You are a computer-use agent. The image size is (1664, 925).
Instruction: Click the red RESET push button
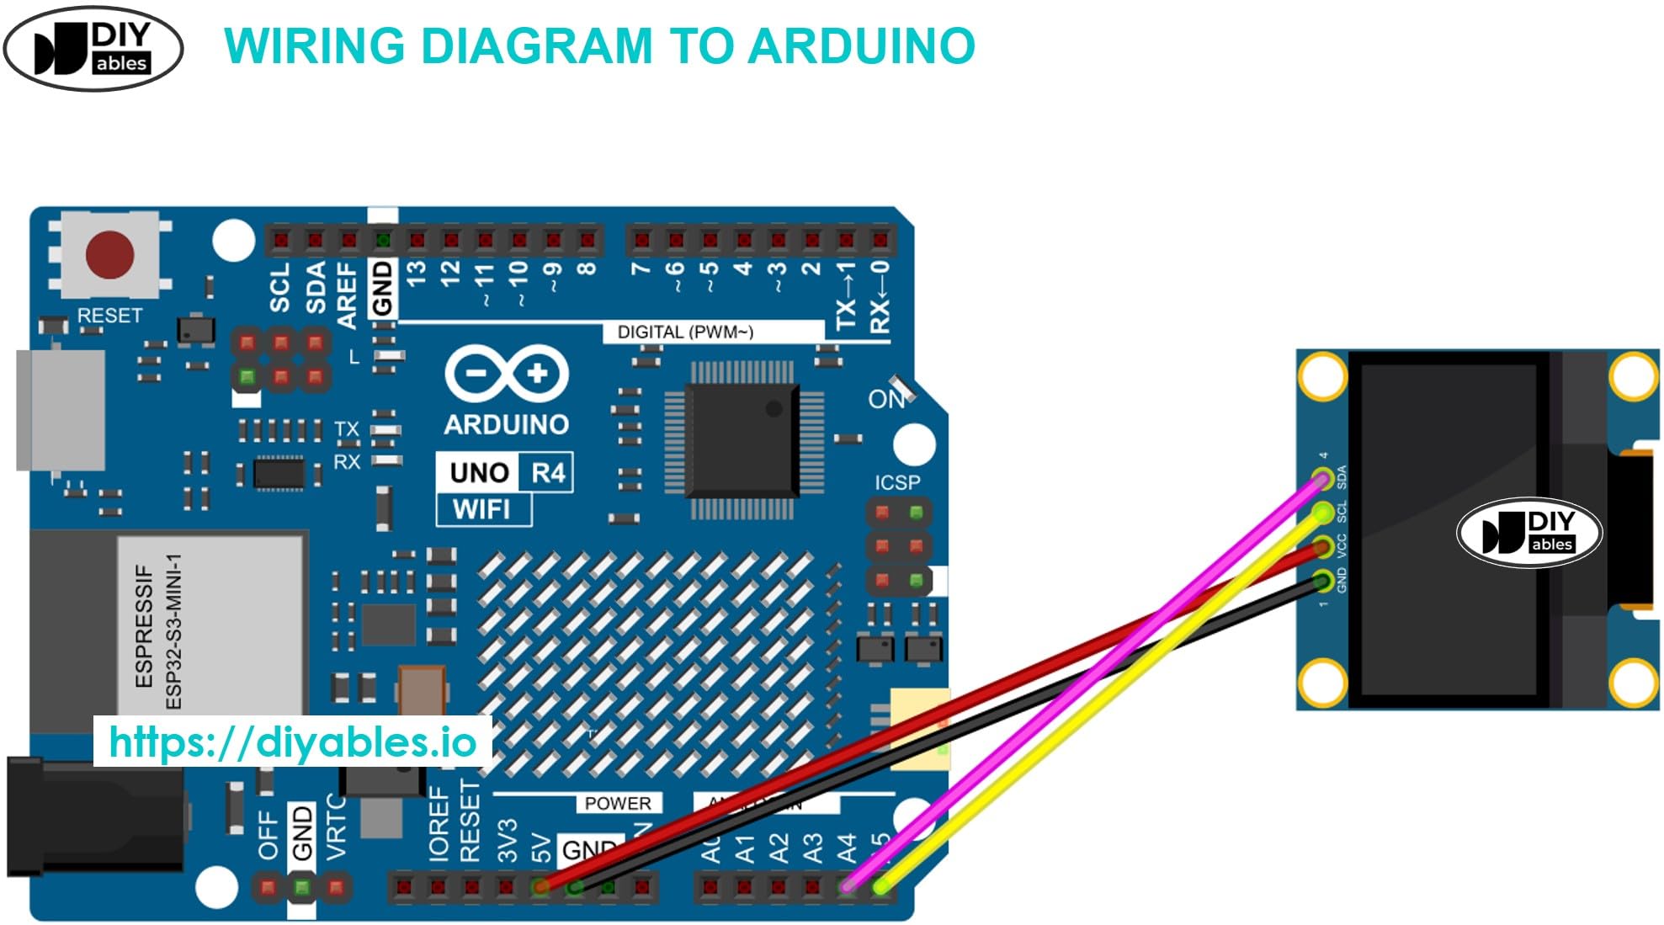click(x=109, y=255)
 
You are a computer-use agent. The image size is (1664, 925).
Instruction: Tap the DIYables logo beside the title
click(x=93, y=48)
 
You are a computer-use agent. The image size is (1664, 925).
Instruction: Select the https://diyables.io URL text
click(x=292, y=742)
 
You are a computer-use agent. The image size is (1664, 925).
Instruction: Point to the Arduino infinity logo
click(x=507, y=373)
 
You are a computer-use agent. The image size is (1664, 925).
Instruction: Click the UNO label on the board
click(x=479, y=472)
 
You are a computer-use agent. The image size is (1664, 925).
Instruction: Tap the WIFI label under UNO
click(x=481, y=509)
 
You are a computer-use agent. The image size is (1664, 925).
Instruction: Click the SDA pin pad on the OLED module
click(x=1322, y=479)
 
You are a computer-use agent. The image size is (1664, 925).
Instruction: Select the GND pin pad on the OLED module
click(x=1322, y=580)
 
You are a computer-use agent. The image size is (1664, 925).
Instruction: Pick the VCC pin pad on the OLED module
click(x=1322, y=547)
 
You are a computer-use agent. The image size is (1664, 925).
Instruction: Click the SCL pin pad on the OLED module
click(x=1322, y=512)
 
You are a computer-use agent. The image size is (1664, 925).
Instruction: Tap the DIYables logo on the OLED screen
click(x=1528, y=533)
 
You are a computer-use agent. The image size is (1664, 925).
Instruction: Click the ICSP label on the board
click(x=897, y=482)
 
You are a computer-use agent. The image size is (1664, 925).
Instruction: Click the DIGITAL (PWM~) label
click(x=685, y=332)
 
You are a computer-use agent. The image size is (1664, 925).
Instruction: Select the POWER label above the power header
click(x=618, y=803)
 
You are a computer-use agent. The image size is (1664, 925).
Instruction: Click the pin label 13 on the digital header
click(x=417, y=273)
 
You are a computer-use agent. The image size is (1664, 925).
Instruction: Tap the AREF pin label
click(x=347, y=295)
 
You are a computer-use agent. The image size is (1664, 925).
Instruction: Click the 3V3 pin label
click(x=507, y=841)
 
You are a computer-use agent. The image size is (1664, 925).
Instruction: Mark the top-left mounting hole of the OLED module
click(x=1322, y=376)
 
